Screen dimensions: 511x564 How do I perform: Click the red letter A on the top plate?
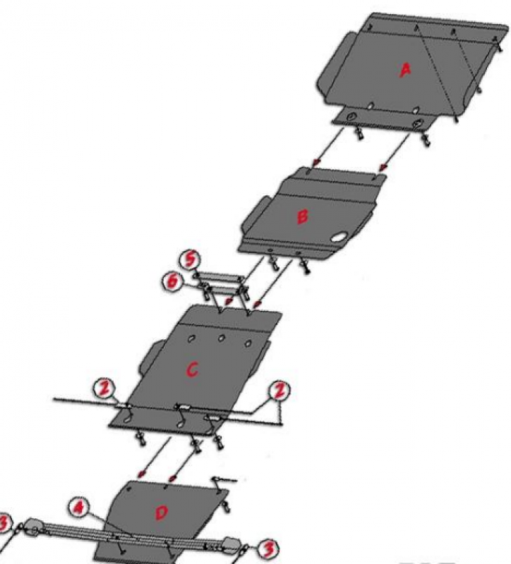(x=406, y=70)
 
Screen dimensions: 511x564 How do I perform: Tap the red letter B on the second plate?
(x=302, y=216)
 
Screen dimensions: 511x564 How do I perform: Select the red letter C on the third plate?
(x=192, y=369)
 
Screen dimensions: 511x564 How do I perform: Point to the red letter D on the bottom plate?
(x=162, y=513)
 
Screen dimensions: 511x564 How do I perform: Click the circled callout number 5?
(x=190, y=259)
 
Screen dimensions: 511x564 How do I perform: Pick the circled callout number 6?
(x=172, y=281)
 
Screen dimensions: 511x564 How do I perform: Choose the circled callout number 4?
(x=78, y=508)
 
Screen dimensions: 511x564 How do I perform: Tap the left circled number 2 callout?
(x=104, y=390)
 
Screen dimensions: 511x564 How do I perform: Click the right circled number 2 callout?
(x=279, y=391)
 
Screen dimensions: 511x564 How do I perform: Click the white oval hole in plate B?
(x=339, y=238)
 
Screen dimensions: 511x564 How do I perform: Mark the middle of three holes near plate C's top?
(x=222, y=338)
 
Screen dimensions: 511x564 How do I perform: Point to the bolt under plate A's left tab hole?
(x=359, y=134)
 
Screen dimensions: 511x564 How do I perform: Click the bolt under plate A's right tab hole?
(x=426, y=139)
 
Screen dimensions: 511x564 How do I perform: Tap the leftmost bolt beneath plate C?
(x=140, y=439)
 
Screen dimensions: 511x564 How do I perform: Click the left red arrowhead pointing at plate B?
(x=315, y=163)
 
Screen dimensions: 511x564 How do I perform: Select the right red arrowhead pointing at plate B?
(x=383, y=166)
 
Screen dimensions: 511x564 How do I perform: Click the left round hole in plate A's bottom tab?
(x=351, y=117)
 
